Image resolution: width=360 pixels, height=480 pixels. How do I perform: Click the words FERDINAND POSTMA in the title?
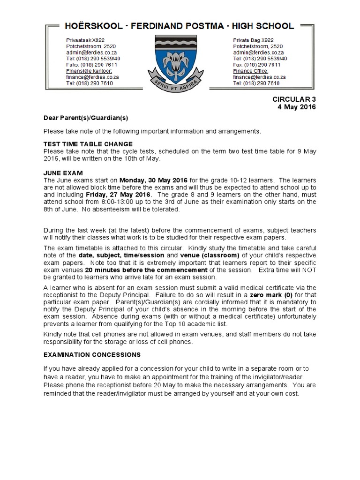click(x=180, y=26)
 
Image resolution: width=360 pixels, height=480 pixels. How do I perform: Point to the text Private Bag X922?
click(x=254, y=40)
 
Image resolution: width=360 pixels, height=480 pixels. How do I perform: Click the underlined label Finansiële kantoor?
click(x=89, y=71)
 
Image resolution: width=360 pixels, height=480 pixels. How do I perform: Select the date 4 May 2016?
click(x=297, y=107)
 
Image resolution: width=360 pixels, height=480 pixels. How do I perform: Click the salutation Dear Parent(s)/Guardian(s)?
click(x=86, y=118)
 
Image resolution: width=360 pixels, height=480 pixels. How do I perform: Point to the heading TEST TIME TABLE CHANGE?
click(x=88, y=144)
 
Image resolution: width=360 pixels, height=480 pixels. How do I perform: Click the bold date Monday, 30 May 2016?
click(x=154, y=180)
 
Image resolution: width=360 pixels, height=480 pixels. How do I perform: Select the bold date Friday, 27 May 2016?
click(x=118, y=195)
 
